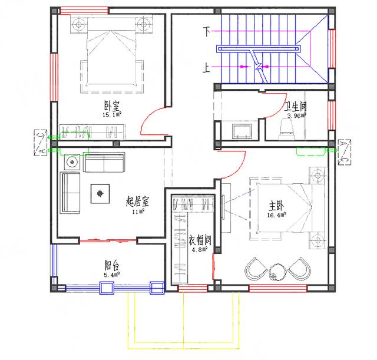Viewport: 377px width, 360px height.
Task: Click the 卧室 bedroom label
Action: point(112,107)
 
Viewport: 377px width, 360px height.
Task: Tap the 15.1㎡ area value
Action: point(112,115)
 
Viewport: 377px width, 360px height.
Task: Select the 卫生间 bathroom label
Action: point(295,107)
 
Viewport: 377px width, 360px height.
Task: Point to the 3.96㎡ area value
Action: point(296,115)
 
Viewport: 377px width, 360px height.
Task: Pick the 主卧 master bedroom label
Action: point(276,206)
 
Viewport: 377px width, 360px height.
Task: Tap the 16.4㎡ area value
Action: point(277,216)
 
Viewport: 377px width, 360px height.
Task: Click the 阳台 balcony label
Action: point(111,266)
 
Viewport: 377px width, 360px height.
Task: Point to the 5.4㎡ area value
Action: point(111,275)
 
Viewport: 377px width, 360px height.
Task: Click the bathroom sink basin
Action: point(242,130)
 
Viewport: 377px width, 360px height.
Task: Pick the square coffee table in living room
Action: point(100,192)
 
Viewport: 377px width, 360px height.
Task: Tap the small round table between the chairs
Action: point(276,271)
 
